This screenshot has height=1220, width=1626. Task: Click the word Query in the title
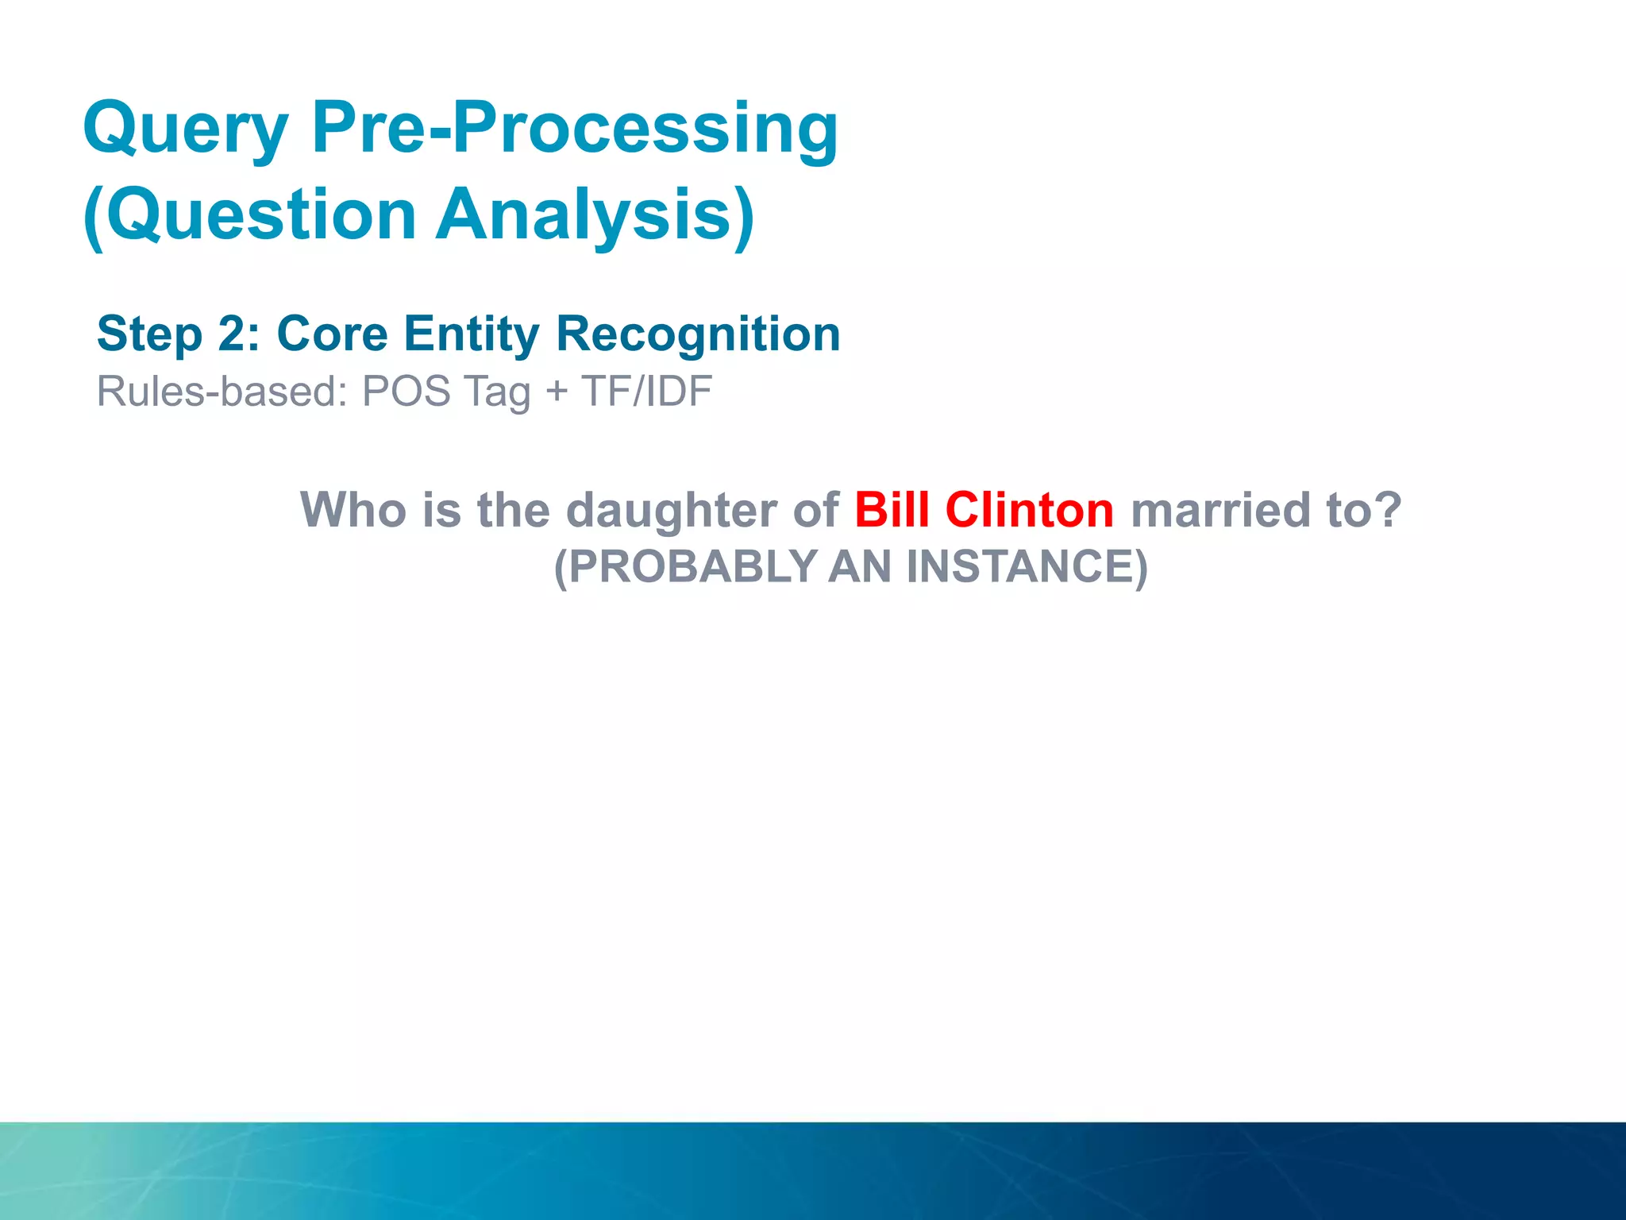(186, 129)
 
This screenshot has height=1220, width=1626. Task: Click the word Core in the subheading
(332, 334)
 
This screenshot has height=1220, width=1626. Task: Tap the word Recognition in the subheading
(698, 334)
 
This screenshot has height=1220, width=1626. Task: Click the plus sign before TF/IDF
(557, 392)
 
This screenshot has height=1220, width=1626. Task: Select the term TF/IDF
(646, 392)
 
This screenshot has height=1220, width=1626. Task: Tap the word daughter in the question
(671, 510)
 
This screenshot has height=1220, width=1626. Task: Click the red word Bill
(891, 510)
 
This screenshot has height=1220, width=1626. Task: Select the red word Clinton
(1029, 510)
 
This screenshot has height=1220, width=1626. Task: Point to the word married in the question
(1219, 510)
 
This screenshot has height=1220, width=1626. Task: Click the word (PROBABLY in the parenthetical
(685, 567)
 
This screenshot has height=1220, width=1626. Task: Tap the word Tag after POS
(497, 392)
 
